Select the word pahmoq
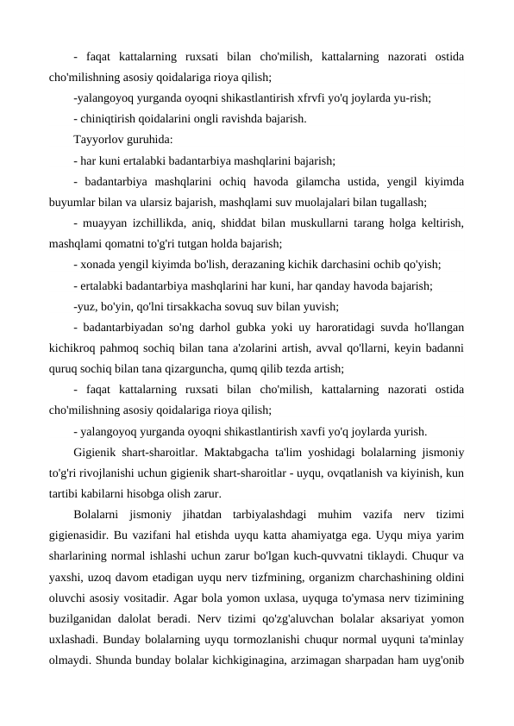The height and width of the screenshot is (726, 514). (x=128, y=347)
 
